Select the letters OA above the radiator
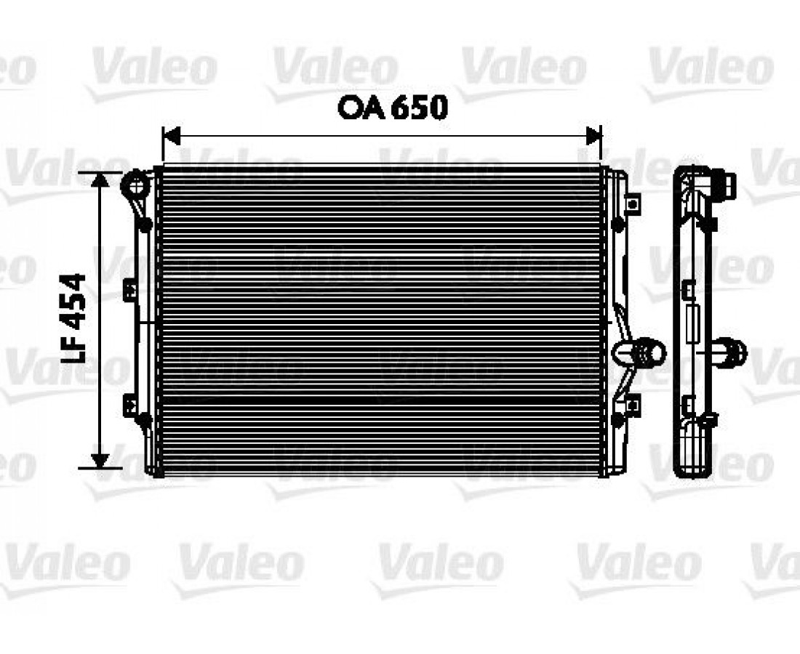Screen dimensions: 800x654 363,108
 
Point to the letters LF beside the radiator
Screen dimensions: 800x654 73,346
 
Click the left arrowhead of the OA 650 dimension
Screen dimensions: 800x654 171,136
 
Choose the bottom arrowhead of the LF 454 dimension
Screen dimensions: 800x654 100,460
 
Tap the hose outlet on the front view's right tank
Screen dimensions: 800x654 640,352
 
